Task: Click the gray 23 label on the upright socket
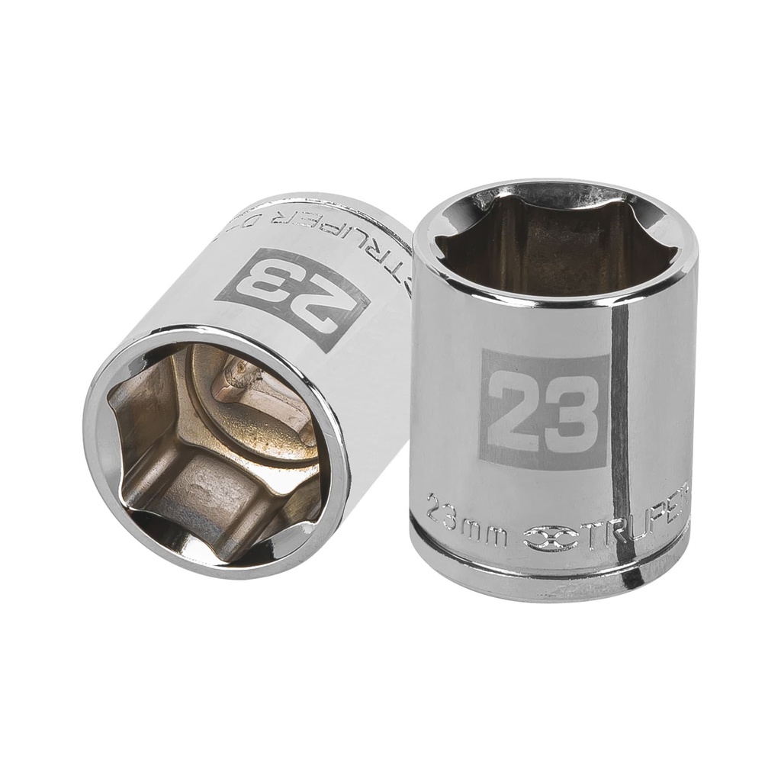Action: click(x=544, y=409)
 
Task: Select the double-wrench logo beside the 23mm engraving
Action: click(x=551, y=536)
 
